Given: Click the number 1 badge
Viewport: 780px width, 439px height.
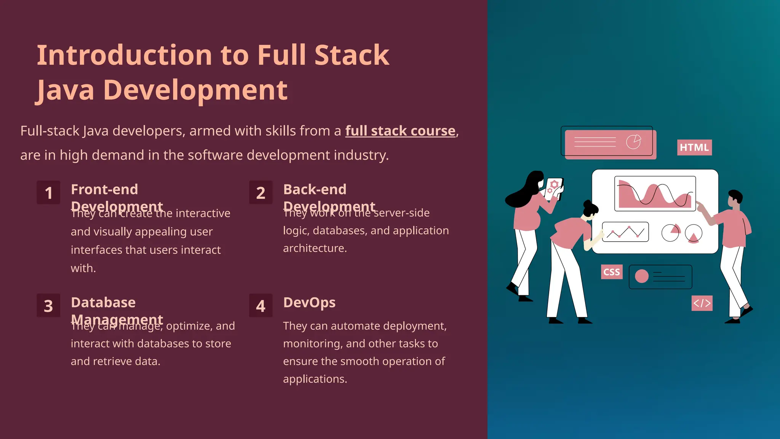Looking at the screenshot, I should tap(48, 193).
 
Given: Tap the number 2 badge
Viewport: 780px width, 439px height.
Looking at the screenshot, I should tap(261, 193).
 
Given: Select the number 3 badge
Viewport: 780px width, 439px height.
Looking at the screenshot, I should tap(48, 306).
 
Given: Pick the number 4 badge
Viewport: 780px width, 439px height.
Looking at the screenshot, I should tap(261, 306).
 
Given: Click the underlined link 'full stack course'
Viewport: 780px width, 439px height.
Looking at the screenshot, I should tap(400, 131).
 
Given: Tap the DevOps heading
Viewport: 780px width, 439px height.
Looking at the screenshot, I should tap(309, 303).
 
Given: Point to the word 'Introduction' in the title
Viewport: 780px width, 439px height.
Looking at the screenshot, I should tap(124, 55).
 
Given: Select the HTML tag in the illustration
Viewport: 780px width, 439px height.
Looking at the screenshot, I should tap(694, 147).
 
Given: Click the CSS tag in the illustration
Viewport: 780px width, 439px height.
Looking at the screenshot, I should tap(612, 272).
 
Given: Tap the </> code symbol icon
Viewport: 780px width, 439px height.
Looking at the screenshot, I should tap(702, 303).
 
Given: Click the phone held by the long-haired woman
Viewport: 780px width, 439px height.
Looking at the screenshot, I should tap(553, 187).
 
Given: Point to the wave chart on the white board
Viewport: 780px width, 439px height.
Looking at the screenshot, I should tap(655, 194).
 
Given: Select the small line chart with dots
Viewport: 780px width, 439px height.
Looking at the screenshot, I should tap(625, 232).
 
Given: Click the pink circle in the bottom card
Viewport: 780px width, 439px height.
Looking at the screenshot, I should tap(642, 276).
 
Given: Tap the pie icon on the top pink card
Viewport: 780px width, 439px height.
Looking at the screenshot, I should tap(633, 142).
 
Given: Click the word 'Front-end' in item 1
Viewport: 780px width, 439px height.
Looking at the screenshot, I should tap(104, 189).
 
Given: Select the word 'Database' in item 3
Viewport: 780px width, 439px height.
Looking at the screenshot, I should tap(103, 303).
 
